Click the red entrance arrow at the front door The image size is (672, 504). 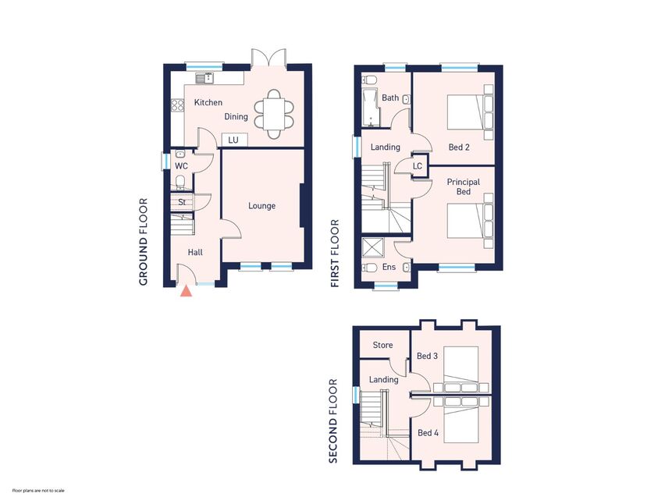(x=186, y=292)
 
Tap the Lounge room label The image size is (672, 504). (x=261, y=206)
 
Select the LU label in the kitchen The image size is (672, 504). (x=233, y=140)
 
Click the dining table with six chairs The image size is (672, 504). (x=275, y=114)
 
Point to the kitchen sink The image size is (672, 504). (x=206, y=78)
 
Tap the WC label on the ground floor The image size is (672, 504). (x=181, y=166)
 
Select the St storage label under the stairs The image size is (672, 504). (x=181, y=202)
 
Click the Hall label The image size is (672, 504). (x=195, y=252)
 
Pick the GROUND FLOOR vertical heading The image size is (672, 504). (x=144, y=242)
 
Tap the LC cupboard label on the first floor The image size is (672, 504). (x=418, y=166)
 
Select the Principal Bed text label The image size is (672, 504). (x=463, y=186)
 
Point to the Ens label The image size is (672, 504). (x=388, y=267)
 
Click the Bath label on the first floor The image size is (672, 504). (x=390, y=98)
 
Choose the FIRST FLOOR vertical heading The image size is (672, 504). (x=336, y=254)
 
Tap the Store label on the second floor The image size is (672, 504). (x=382, y=345)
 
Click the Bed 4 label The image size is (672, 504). (x=427, y=433)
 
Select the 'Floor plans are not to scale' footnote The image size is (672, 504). (x=38, y=491)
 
